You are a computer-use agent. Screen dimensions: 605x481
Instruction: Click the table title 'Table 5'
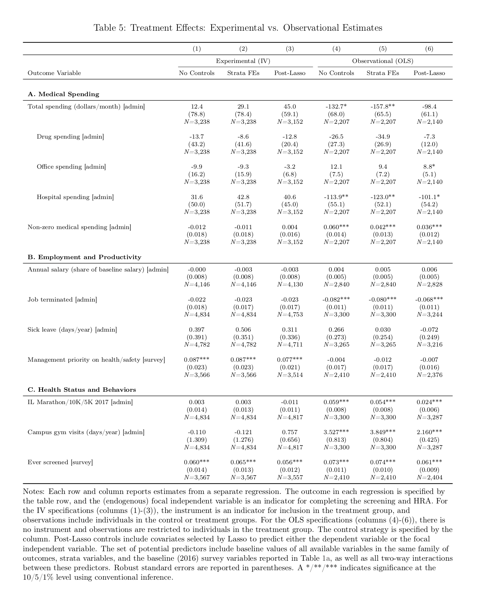tap(237, 28)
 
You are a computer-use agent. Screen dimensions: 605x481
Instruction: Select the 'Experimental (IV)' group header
tap(243, 61)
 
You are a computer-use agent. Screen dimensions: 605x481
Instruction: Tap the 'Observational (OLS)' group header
tap(383, 61)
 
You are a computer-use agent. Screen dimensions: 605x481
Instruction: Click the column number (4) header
tap(336, 49)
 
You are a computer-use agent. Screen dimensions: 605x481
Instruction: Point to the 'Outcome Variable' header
tap(54, 73)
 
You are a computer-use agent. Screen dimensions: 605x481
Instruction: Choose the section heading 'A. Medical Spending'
tap(63, 94)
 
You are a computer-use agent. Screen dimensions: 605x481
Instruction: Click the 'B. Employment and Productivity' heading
tap(84, 257)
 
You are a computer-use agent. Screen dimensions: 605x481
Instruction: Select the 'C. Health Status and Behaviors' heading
tap(82, 390)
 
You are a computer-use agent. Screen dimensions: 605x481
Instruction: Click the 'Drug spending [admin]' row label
tap(70, 137)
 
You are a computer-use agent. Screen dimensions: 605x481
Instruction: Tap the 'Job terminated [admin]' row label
tap(62, 300)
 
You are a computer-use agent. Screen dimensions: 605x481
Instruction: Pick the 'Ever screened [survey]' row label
tap(60, 462)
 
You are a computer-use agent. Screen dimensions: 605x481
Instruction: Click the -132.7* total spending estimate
tap(336, 107)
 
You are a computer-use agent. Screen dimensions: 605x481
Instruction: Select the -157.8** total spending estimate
tap(383, 107)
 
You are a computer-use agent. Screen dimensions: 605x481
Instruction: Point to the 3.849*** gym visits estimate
tap(383, 432)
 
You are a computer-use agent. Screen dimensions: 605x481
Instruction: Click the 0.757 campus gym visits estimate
tap(290, 432)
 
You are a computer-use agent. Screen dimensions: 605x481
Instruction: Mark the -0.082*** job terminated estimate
tap(336, 300)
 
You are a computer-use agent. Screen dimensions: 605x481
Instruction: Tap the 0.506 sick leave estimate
tap(243, 330)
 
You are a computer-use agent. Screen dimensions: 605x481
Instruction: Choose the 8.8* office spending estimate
tap(429, 167)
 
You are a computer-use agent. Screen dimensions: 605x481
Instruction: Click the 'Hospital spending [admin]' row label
tap(75, 197)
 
